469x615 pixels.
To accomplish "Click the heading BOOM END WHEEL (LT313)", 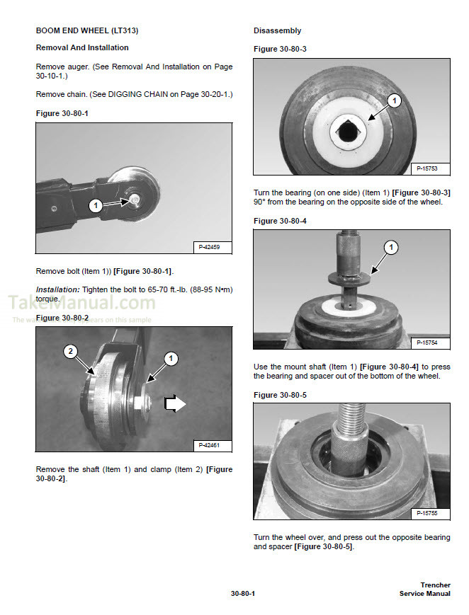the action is [x=87, y=30].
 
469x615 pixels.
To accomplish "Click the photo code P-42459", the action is [x=209, y=247].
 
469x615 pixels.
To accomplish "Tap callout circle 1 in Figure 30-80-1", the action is [x=96, y=205].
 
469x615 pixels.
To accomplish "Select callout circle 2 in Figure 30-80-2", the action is [x=70, y=352].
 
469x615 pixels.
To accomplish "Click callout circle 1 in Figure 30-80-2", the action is [x=171, y=359].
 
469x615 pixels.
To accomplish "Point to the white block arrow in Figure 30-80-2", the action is [x=175, y=403].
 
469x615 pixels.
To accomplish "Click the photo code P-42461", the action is [x=209, y=445].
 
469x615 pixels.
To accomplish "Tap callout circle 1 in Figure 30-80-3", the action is [x=395, y=100].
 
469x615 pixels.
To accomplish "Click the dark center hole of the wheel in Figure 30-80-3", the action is [x=347, y=132].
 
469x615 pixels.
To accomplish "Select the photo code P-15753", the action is [x=427, y=168].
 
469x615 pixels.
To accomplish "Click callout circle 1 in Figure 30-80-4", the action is [x=390, y=247].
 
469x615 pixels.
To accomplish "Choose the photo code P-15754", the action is [x=427, y=343].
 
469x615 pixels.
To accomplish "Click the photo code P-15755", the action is [x=427, y=513].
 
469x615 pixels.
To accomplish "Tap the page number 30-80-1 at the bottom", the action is [x=243, y=594].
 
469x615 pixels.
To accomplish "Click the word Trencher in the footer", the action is [x=435, y=585].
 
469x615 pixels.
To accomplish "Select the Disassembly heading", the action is [x=277, y=30].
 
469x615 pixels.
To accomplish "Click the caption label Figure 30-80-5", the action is [x=280, y=395].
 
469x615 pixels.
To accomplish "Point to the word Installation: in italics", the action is [x=58, y=289].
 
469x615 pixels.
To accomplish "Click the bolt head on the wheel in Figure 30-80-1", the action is [x=134, y=200].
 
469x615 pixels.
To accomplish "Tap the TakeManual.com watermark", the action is [x=81, y=303].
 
